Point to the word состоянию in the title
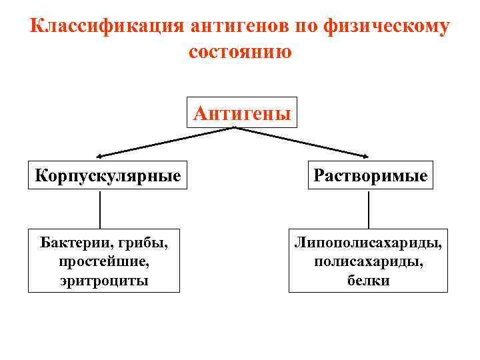pos(240,51)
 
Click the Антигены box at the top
pos(242,113)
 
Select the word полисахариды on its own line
pos(368,261)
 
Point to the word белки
pos(368,281)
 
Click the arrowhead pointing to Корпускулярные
pos(99,155)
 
